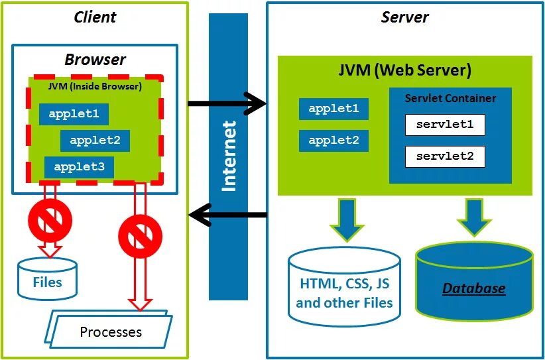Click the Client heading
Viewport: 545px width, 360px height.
point(95,17)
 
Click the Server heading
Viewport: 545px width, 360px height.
point(404,17)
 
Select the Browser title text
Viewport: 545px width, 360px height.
point(95,59)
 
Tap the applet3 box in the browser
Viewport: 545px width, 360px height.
point(79,167)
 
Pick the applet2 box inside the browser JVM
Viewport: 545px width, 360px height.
point(95,141)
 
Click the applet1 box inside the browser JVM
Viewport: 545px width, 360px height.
point(74,114)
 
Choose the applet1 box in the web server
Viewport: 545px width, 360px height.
point(333,109)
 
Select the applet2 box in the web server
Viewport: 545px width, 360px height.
point(333,140)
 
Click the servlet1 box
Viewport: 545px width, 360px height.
point(445,125)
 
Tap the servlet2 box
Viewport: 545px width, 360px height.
point(445,156)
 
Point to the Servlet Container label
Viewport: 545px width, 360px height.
point(450,98)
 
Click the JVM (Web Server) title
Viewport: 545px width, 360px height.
point(404,70)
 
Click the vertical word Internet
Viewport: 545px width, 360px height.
point(228,156)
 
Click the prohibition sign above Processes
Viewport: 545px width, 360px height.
point(140,234)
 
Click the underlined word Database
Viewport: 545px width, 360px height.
point(473,288)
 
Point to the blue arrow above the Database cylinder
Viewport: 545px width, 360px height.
point(473,217)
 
